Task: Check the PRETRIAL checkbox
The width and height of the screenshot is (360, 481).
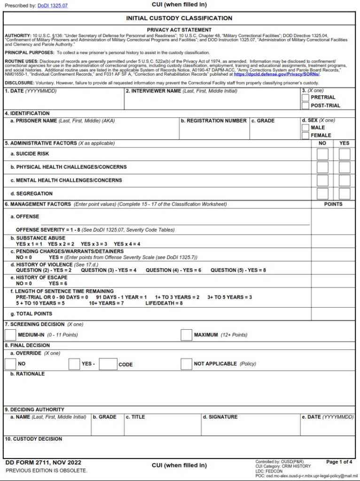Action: coord(305,98)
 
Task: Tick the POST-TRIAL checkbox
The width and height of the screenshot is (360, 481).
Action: coord(305,106)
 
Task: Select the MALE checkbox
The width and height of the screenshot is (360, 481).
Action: coord(305,128)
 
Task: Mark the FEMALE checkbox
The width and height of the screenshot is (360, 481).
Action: coord(305,136)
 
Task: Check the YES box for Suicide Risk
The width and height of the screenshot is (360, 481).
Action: coord(344,154)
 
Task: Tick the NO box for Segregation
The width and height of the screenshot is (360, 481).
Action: coord(322,194)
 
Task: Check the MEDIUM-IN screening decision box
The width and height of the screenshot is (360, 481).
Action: coord(10,335)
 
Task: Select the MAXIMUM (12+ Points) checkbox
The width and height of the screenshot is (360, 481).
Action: coord(187,335)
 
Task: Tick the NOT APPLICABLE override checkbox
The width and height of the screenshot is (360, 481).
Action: coord(187,364)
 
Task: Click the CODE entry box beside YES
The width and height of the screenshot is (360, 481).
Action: coord(108,364)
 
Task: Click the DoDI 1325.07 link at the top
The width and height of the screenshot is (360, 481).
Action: coord(53,6)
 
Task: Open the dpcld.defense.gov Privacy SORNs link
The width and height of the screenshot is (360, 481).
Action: coord(276,74)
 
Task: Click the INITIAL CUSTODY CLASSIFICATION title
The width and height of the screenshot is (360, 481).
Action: coord(179,18)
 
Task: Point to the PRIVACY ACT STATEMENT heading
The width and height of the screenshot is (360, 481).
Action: coord(179,30)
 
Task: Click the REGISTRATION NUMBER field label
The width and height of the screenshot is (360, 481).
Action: coord(216,121)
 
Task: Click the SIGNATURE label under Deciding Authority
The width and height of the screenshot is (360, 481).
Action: coord(223,417)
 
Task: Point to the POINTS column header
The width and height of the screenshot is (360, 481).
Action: coord(333,204)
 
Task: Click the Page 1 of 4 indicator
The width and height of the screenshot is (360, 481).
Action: coord(339,462)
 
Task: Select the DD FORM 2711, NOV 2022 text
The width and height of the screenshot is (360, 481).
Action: coord(43,463)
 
